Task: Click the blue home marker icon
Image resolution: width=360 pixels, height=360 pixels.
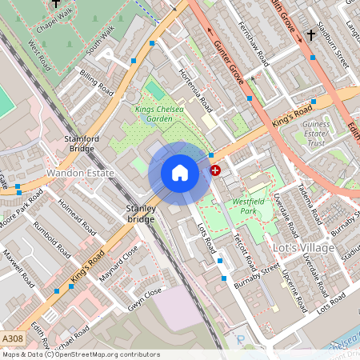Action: [x=180, y=173]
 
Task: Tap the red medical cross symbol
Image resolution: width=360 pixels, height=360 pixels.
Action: [x=215, y=170]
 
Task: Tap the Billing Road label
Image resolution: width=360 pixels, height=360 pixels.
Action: [x=93, y=82]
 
